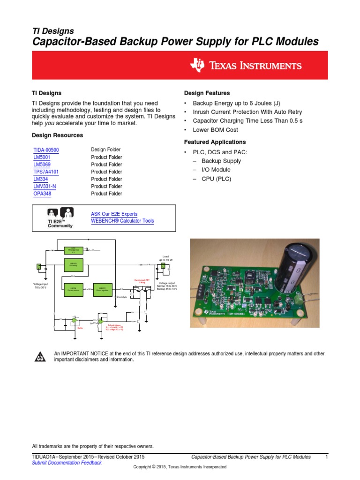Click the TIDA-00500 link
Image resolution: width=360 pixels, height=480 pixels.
(46, 150)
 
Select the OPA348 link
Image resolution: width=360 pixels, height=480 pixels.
(42, 194)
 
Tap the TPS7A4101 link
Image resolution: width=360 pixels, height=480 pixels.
(46, 172)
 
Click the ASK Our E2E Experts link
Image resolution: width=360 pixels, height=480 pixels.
(114, 214)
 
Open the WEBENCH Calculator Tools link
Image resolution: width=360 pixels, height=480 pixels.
(122, 221)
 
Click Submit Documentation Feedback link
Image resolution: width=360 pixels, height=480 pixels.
(67, 463)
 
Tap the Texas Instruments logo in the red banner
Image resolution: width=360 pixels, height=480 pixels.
(246, 65)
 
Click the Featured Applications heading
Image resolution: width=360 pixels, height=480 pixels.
(215, 142)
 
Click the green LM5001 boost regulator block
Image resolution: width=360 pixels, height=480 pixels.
(102, 289)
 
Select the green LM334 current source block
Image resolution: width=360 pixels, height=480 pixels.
(73, 289)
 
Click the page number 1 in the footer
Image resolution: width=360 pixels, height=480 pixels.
(326, 457)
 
